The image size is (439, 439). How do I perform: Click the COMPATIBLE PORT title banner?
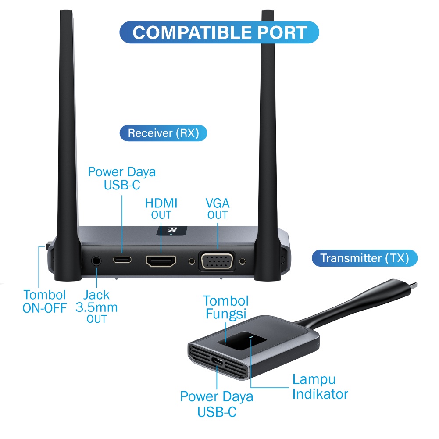coord(219,32)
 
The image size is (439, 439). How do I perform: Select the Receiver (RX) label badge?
coord(163,133)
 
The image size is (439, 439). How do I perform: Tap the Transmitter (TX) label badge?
coord(364,258)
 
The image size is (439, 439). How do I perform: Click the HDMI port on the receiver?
coord(161,261)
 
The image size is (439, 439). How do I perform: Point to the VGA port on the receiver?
coord(217,262)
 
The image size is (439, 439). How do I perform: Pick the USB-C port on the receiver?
coord(122,259)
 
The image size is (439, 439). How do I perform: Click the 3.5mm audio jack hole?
coord(96,261)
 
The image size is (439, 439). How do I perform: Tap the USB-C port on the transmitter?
coord(218,361)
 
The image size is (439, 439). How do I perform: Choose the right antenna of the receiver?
coord(268,132)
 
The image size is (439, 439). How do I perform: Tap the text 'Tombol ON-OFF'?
coord(45,301)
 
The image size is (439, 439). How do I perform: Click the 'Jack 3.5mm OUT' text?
coord(96,307)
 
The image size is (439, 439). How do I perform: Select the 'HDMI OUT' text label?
coord(161,209)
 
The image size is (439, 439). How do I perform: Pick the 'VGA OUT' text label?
coord(218,209)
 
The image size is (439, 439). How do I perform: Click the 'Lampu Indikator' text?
coord(320,386)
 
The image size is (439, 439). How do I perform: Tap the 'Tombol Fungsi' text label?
coord(225,307)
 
